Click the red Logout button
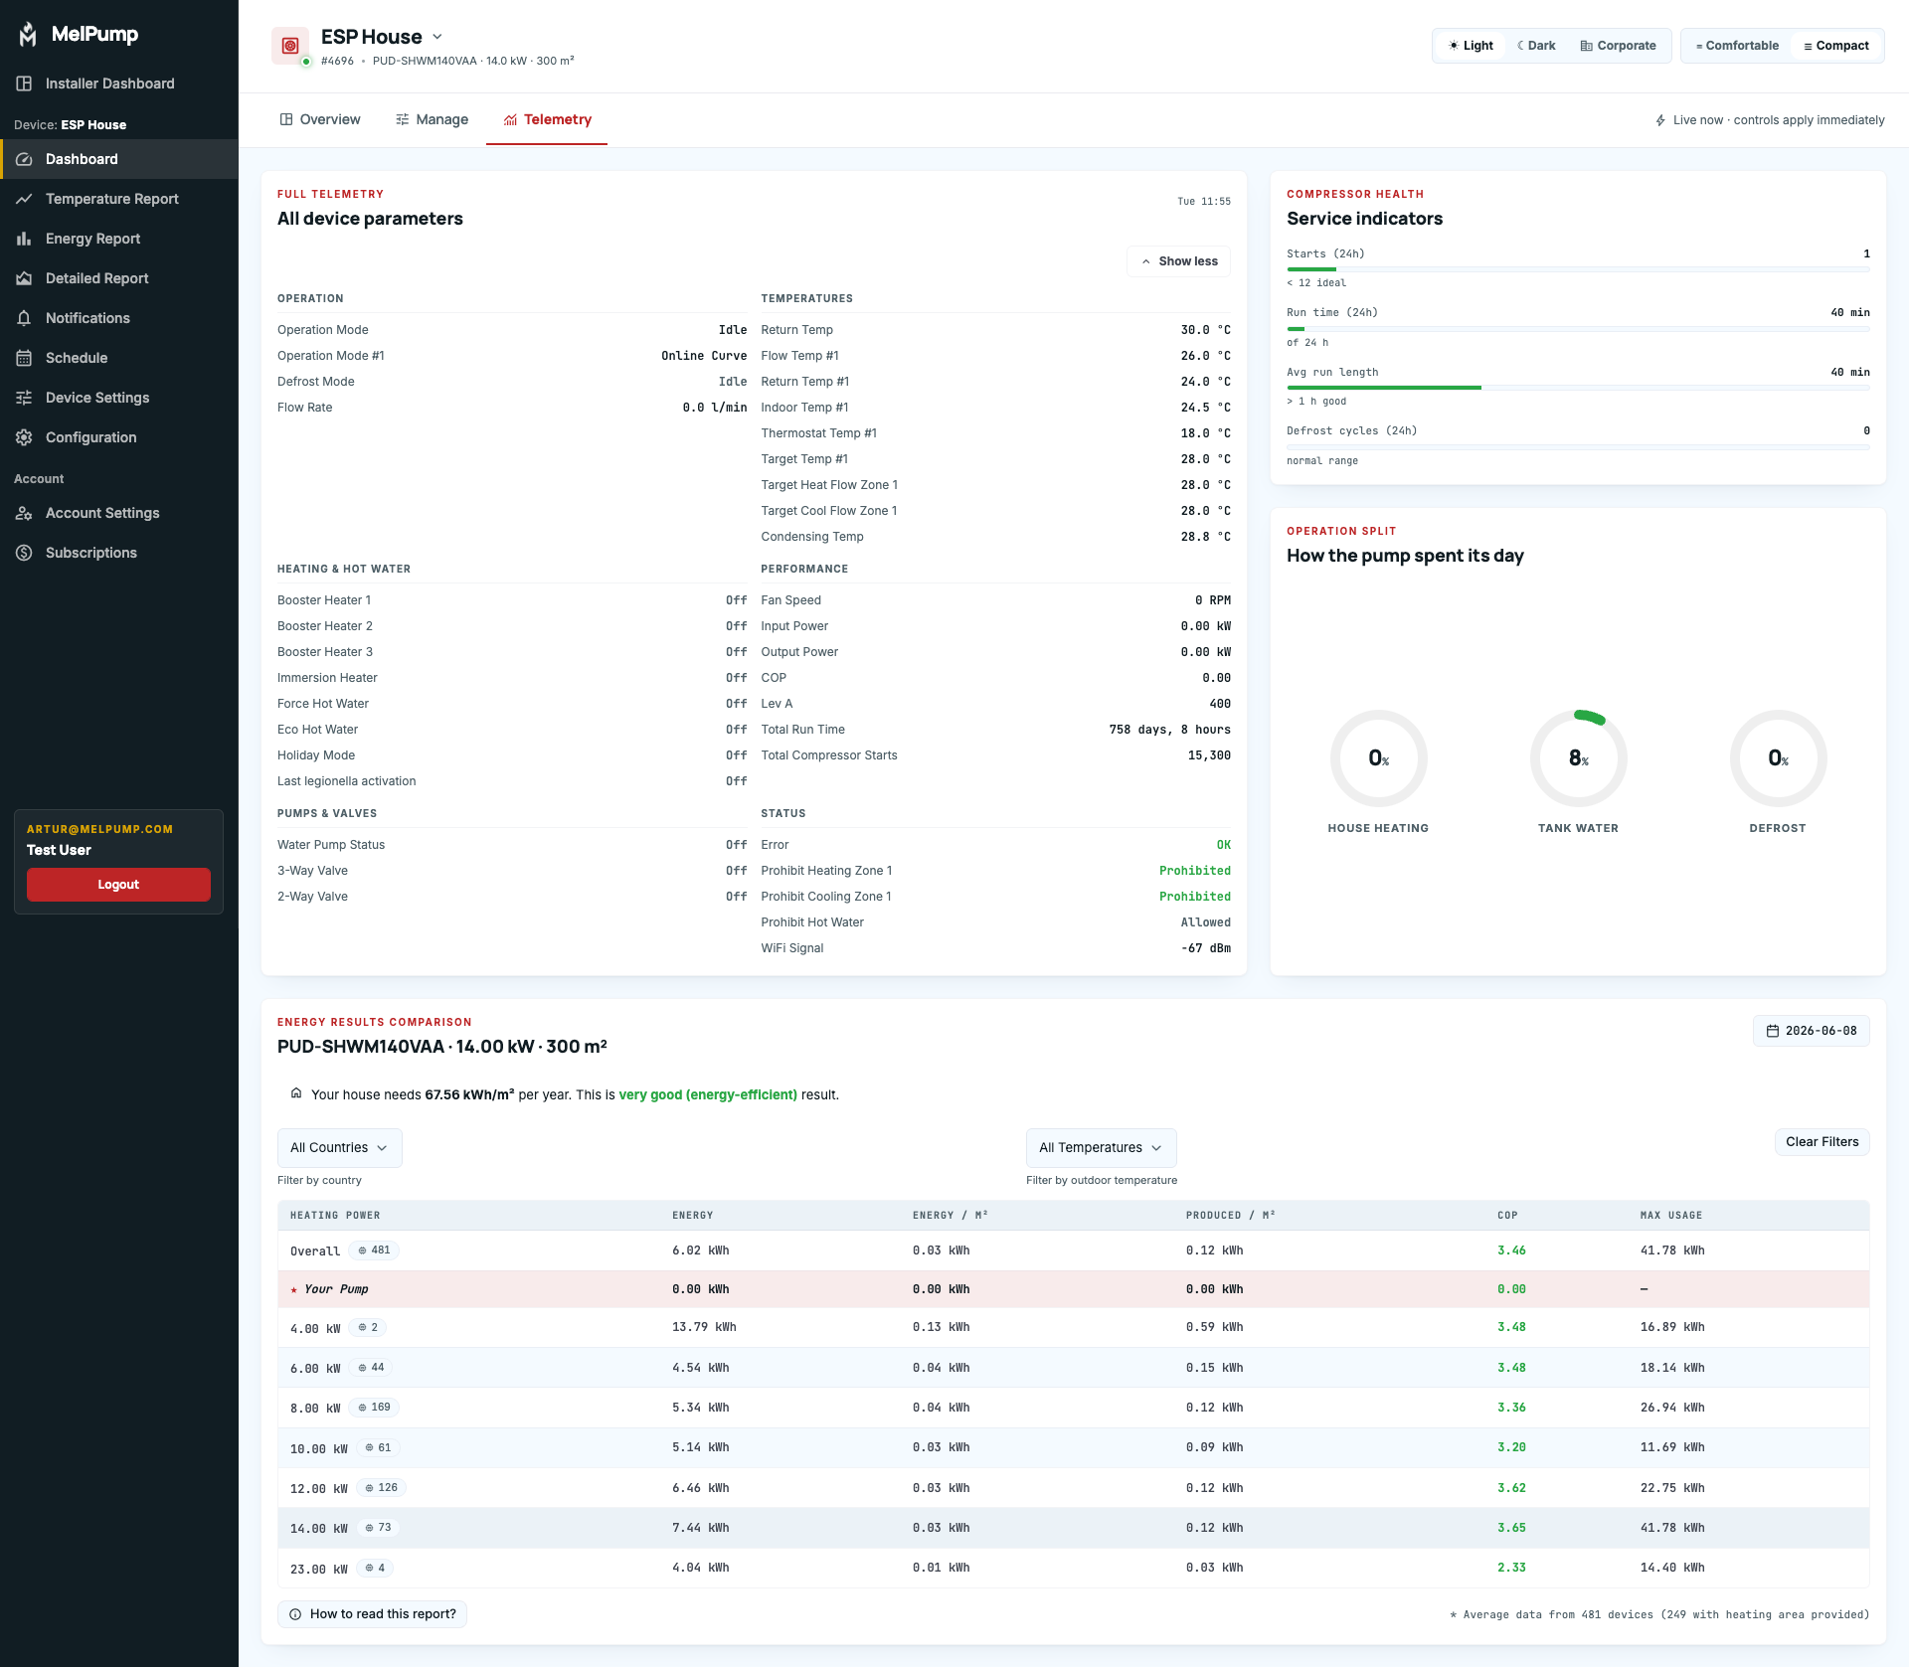[x=118, y=885]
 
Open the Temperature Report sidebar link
[x=112, y=199]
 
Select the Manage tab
[x=433, y=119]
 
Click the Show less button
[x=1179, y=261]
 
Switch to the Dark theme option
[x=1536, y=46]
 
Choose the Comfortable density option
[x=1737, y=46]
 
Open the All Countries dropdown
[x=339, y=1148]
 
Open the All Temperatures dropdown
[x=1102, y=1148]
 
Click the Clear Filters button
[x=1822, y=1142]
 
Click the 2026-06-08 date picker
[x=1812, y=1031]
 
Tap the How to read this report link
[x=372, y=1614]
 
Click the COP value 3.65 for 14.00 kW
[x=1511, y=1528]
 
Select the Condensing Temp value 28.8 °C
[x=1206, y=537]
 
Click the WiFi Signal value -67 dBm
[x=1206, y=948]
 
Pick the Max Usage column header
[x=1671, y=1216]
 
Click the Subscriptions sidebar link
[x=91, y=553]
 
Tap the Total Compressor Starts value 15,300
[x=1209, y=755]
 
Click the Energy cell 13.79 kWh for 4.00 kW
[x=704, y=1327]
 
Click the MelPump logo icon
[x=28, y=34]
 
